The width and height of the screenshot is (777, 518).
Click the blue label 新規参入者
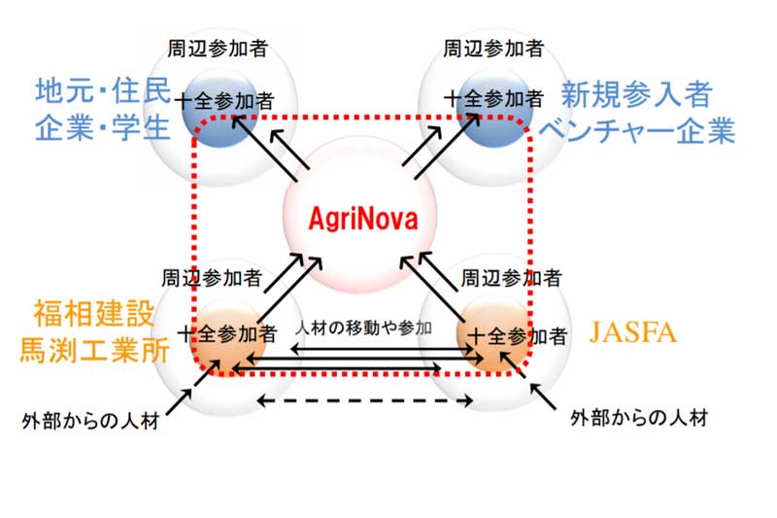click(637, 95)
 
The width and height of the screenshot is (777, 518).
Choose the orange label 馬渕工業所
click(92, 348)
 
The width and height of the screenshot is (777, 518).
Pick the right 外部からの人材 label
click(639, 419)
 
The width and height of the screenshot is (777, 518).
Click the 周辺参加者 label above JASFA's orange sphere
click(510, 278)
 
